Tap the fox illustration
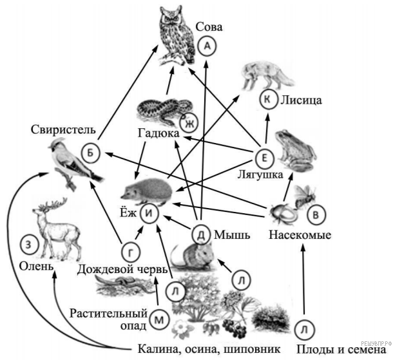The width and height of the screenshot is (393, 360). pyautogui.click(x=265, y=76)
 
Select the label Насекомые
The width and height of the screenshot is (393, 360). pyautogui.click(x=300, y=235)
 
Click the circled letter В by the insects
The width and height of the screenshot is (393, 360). pyautogui.click(x=315, y=212)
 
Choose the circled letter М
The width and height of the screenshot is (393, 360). pyautogui.click(x=160, y=317)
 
